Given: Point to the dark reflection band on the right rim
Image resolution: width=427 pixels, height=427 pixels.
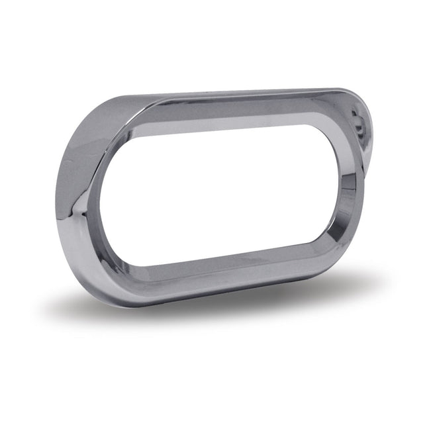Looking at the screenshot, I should coord(350,199).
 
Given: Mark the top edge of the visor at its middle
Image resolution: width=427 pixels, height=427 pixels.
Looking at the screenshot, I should coord(225,92).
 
